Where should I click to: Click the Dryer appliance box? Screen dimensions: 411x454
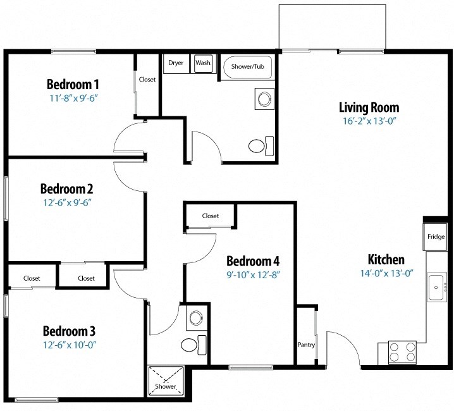pyautogui.click(x=176, y=63)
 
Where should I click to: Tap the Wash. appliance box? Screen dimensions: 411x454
pyautogui.click(x=203, y=63)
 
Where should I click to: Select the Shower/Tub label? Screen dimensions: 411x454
pyautogui.click(x=247, y=66)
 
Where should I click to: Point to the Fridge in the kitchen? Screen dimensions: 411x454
pyautogui.click(x=436, y=237)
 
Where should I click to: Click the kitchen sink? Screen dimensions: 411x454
pyautogui.click(x=436, y=288)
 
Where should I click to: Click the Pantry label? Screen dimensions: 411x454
pyautogui.click(x=306, y=345)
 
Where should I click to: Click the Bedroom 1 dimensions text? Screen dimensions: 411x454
pyautogui.click(x=75, y=99)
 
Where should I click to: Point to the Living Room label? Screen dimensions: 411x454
pyautogui.click(x=369, y=107)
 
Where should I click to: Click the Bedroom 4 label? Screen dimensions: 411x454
pyautogui.click(x=253, y=261)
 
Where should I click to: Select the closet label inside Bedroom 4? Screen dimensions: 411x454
pyautogui.click(x=211, y=216)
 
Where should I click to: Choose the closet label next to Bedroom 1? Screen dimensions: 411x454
pyautogui.click(x=147, y=80)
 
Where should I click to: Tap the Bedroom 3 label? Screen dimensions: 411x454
pyautogui.click(x=69, y=331)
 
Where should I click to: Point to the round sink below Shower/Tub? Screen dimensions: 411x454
pyautogui.click(x=263, y=99)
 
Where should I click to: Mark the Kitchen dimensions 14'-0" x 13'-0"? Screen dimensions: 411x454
pyautogui.click(x=386, y=274)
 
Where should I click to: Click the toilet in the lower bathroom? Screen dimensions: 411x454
pyautogui.click(x=191, y=345)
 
